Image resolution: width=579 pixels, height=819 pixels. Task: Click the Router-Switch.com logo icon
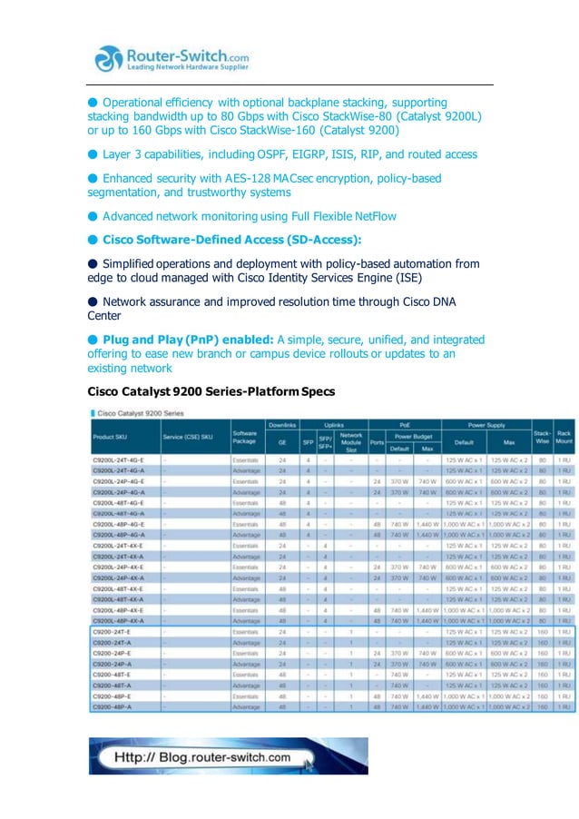click(x=109, y=59)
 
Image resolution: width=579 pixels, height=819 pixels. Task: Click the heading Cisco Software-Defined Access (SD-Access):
click(x=231, y=240)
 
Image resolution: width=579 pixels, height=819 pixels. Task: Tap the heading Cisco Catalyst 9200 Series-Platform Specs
click(x=211, y=391)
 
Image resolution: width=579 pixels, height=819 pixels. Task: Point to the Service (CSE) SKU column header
click(x=188, y=437)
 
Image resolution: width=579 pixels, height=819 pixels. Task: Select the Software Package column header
click(x=245, y=437)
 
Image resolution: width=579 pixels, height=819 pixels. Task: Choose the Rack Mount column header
click(x=564, y=437)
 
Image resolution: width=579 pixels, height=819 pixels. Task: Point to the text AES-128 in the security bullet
click(x=256, y=179)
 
